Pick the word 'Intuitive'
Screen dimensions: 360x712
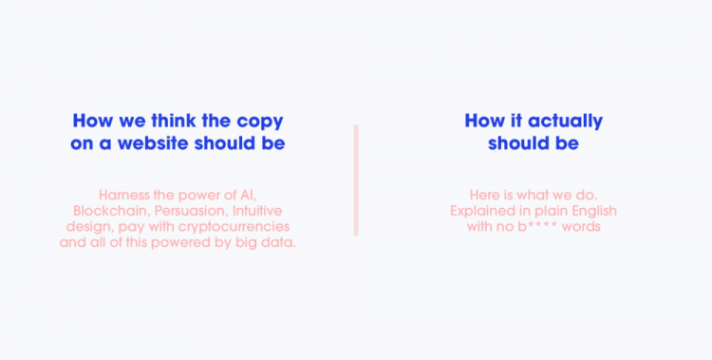[255, 210]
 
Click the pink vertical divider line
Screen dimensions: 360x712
[356, 180]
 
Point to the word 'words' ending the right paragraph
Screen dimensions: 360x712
[583, 226]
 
